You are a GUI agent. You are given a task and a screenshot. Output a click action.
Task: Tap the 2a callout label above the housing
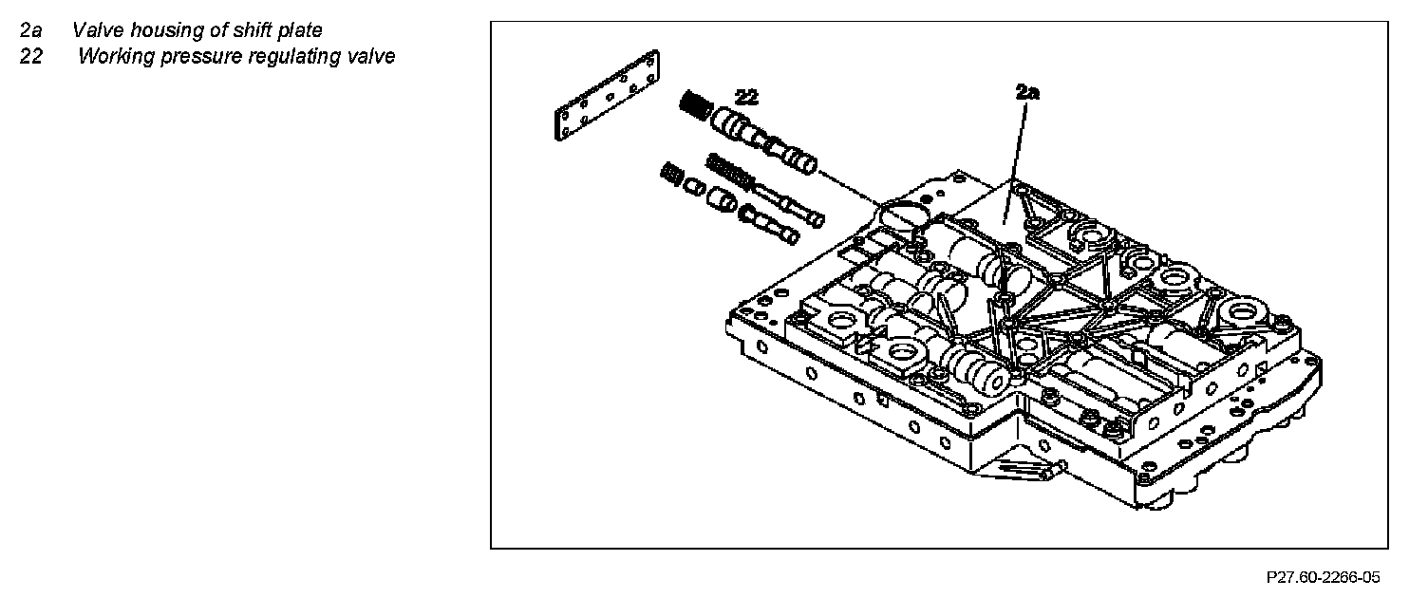point(1027,92)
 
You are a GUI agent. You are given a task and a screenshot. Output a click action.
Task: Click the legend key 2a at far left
point(30,31)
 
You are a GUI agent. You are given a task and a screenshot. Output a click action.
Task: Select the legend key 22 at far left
point(30,56)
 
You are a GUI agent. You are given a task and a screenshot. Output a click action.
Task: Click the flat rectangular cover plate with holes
point(608,97)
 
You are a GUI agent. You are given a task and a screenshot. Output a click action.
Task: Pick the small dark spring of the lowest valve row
point(670,175)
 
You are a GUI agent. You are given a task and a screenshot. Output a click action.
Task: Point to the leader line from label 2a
point(1020,152)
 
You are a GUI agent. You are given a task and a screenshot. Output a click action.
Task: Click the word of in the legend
point(215,31)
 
